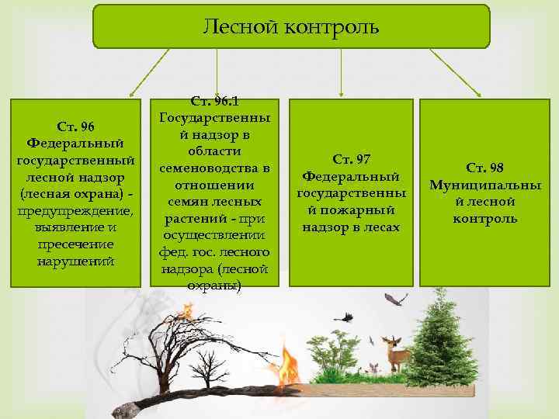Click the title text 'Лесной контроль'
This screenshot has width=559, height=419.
click(x=291, y=28)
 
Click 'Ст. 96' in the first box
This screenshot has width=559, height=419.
click(x=75, y=126)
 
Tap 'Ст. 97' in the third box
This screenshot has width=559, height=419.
click(x=351, y=159)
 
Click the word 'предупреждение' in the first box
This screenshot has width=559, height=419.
click(x=75, y=210)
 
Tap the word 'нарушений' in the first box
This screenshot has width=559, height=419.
click(x=75, y=261)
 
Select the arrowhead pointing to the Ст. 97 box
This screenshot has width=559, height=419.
click(x=341, y=94)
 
